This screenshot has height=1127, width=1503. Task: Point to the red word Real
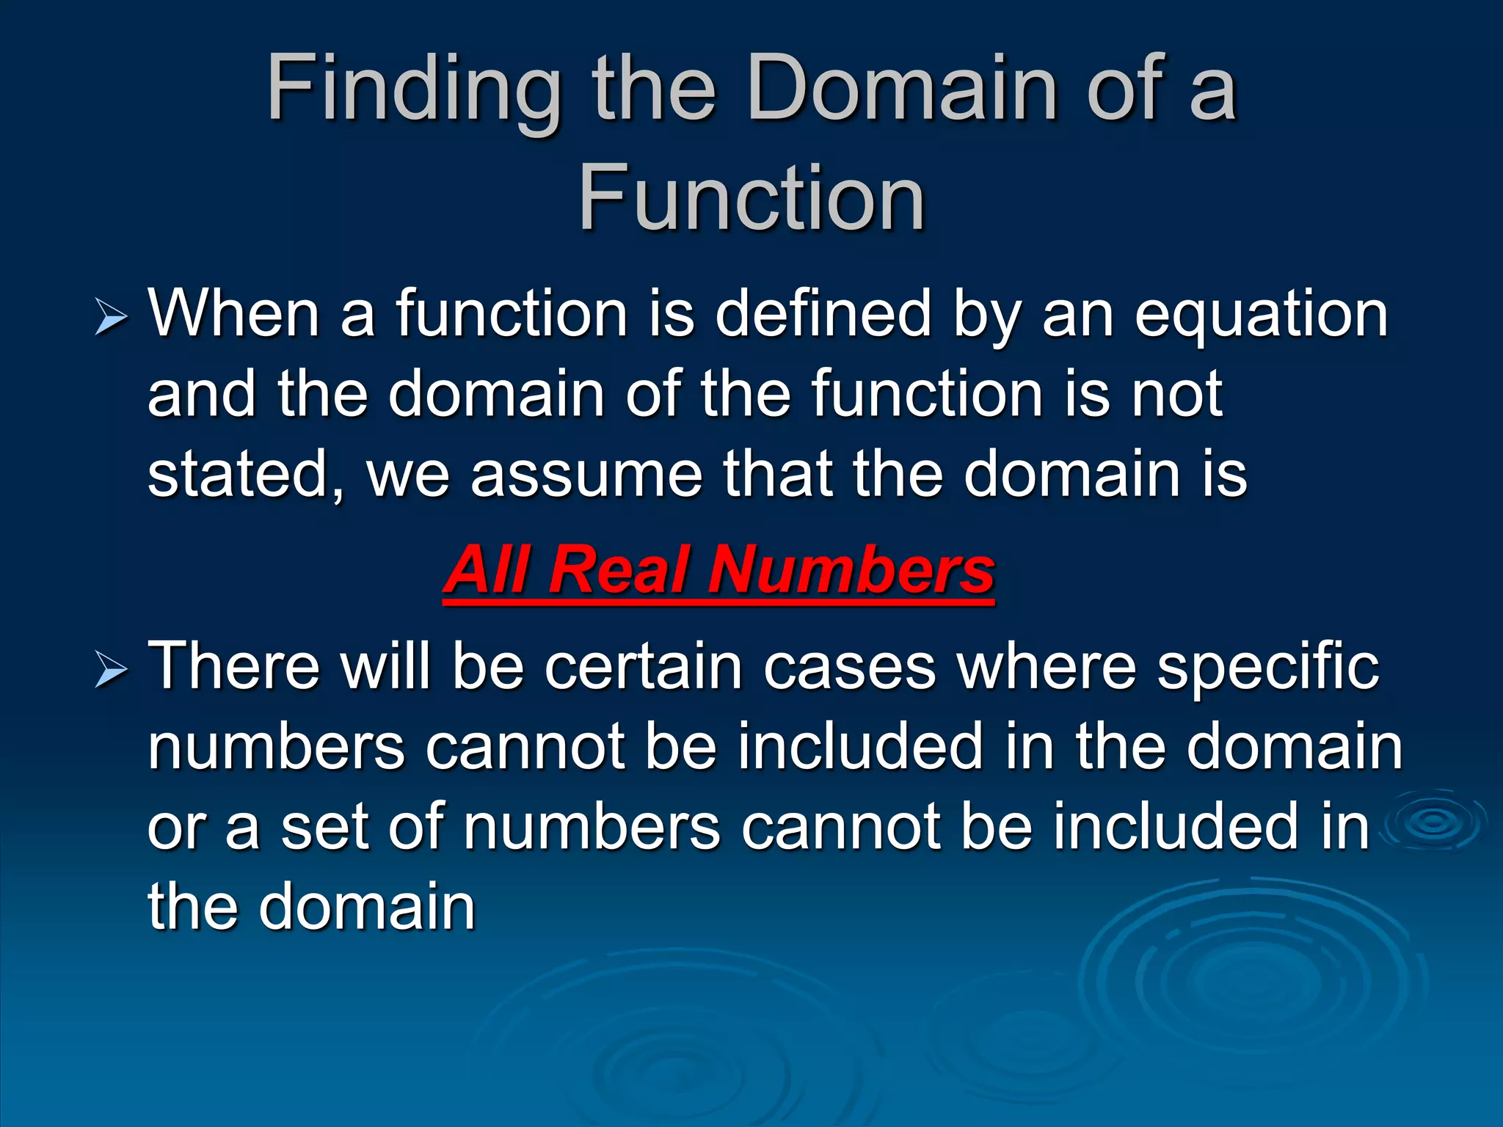coord(620,570)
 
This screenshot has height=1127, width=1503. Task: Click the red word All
coord(488,570)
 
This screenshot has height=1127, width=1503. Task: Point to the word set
coord(324,828)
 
